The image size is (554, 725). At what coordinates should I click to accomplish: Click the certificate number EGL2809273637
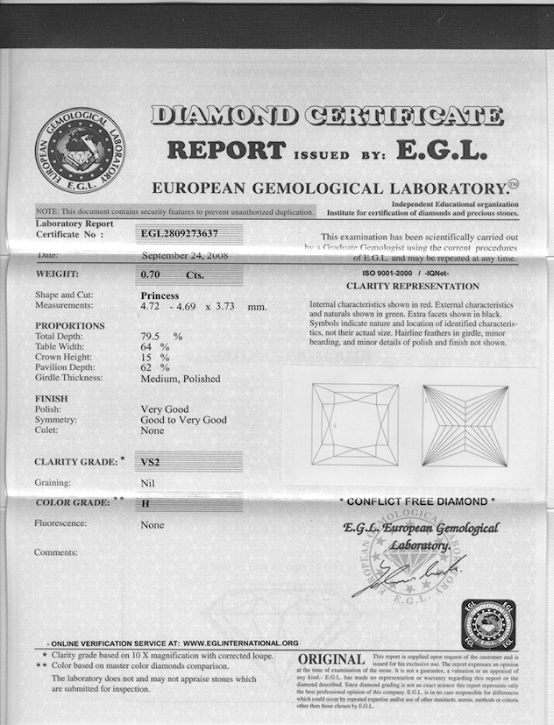pyautogui.click(x=179, y=233)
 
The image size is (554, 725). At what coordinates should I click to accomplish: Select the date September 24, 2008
pyautogui.click(x=185, y=256)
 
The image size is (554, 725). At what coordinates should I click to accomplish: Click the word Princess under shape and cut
pyautogui.click(x=160, y=295)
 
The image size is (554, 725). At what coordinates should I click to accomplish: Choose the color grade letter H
pyautogui.click(x=145, y=504)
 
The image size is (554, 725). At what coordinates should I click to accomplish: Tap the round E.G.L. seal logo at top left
pyautogui.click(x=80, y=152)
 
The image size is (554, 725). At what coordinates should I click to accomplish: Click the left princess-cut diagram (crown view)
pyautogui.click(x=354, y=423)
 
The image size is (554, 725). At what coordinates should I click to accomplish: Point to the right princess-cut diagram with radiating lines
pyautogui.click(x=465, y=424)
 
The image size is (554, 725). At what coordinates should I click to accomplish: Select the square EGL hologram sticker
pyautogui.click(x=488, y=623)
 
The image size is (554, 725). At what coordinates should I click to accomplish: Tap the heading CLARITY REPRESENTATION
pyautogui.click(x=413, y=286)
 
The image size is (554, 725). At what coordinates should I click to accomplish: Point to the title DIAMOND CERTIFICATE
pyautogui.click(x=327, y=115)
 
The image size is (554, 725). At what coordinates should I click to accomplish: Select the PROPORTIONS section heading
pyautogui.click(x=69, y=326)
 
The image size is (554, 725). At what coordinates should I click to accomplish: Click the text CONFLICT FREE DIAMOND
pyautogui.click(x=417, y=501)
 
